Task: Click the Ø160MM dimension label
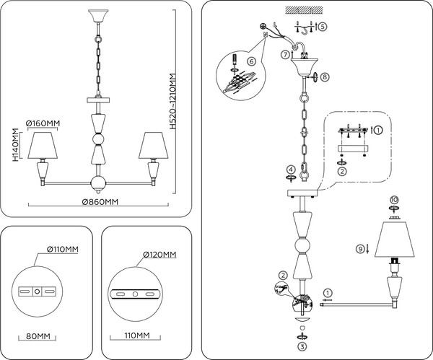pos(43,123)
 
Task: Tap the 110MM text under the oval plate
pos(136,336)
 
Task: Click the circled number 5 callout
pos(322,26)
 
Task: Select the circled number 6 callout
pos(251,62)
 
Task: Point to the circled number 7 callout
pos(286,55)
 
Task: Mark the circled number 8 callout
pos(325,76)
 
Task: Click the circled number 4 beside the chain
pos(290,169)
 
